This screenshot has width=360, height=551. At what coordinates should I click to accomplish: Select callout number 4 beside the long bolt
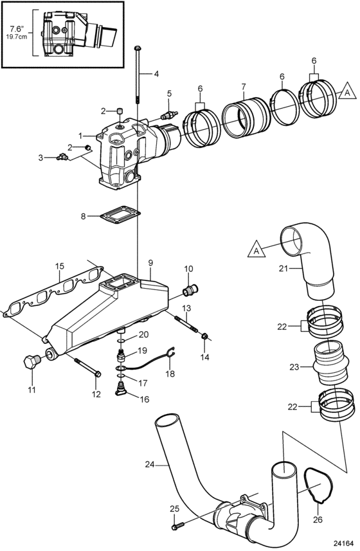[x=156, y=74]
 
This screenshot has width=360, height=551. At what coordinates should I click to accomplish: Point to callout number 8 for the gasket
[x=83, y=216]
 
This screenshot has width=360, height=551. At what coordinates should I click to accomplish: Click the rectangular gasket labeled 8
[x=120, y=214]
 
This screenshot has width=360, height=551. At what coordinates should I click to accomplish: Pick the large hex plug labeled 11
[x=32, y=362]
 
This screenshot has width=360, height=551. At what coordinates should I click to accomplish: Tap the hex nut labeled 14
[x=204, y=336]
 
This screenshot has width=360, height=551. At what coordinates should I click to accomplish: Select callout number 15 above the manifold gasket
[x=60, y=266]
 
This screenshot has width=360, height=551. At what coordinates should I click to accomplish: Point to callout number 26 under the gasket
[x=318, y=519]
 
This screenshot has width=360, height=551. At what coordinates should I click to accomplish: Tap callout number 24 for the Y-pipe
[x=150, y=464]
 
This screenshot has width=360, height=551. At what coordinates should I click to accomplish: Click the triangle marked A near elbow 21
[x=256, y=251]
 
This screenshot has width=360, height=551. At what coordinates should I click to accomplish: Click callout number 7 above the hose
[x=244, y=86]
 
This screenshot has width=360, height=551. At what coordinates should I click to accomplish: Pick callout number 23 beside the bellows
[x=294, y=367]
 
